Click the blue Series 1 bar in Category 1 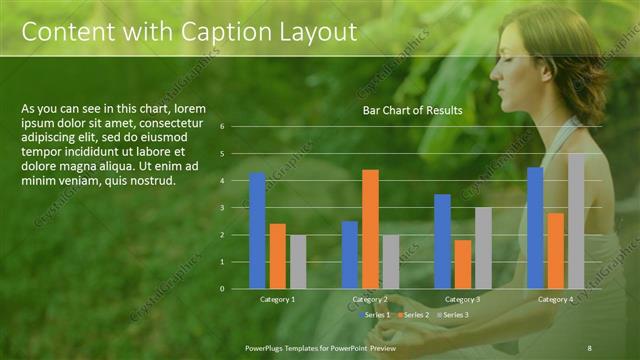click(x=257, y=230)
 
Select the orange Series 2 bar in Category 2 click(x=370, y=229)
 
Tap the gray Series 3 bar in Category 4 click(x=576, y=221)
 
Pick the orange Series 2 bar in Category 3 click(x=463, y=264)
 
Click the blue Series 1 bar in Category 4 click(x=535, y=227)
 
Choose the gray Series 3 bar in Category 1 click(x=297, y=261)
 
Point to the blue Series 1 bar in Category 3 click(x=442, y=241)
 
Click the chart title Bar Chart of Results click(x=412, y=110)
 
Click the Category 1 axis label click(x=277, y=299)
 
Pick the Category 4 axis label click(x=555, y=299)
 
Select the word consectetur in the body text click(x=161, y=122)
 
